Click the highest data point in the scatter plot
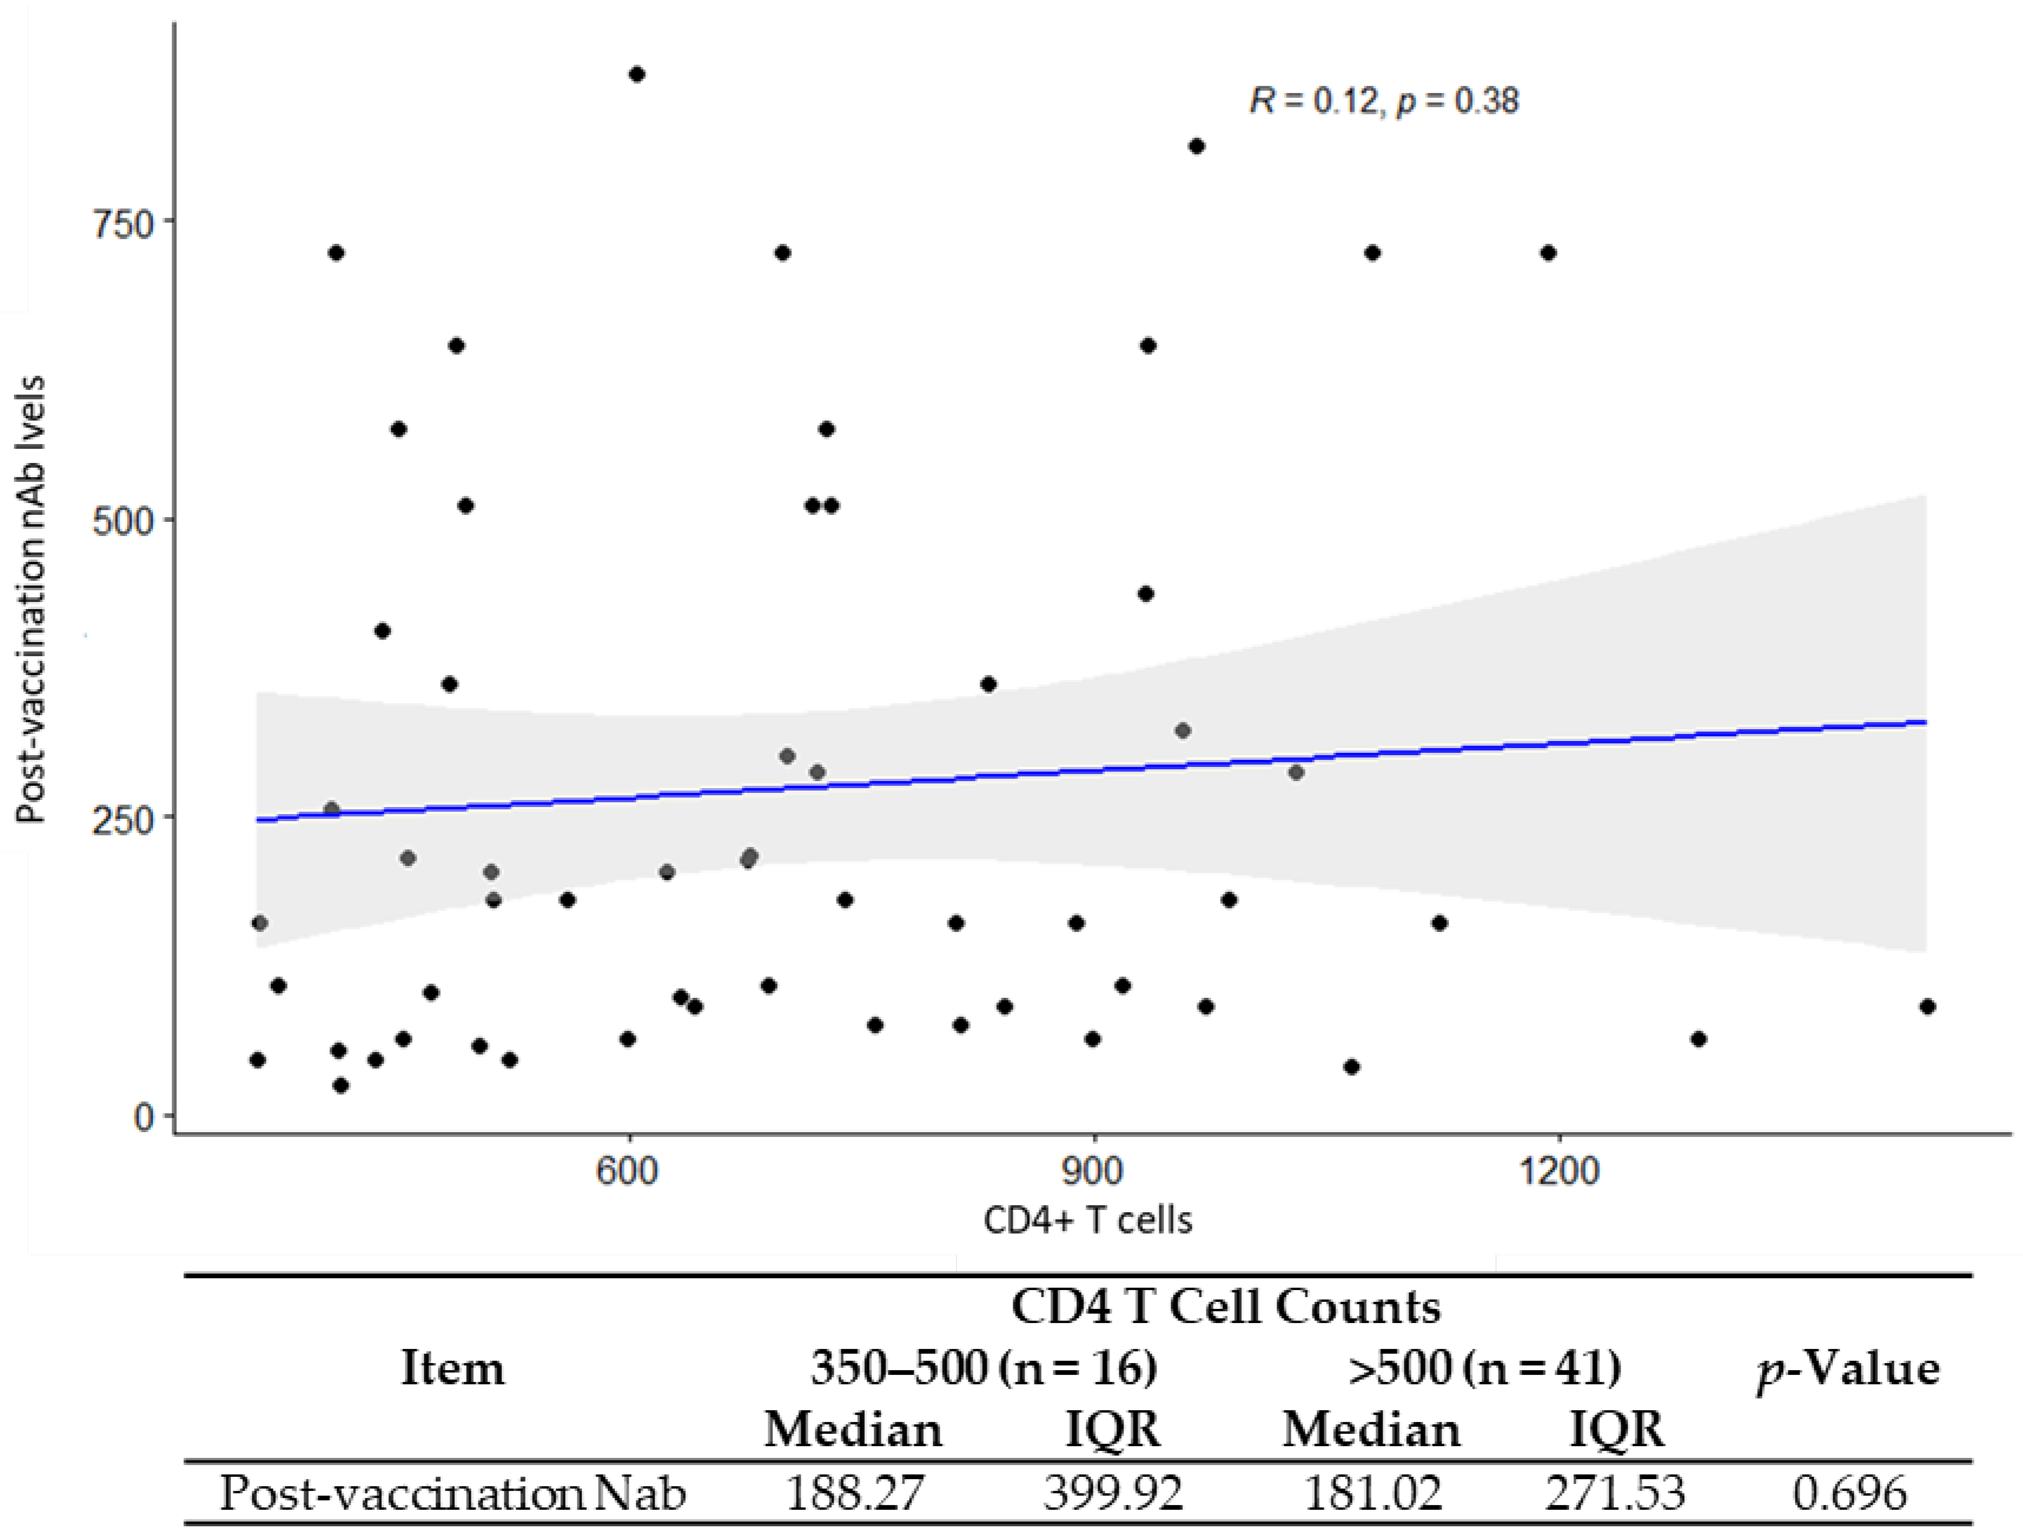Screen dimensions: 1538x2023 coord(637,74)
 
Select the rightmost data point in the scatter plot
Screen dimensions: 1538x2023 coord(1927,1006)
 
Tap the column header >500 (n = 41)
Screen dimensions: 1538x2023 coord(1484,1368)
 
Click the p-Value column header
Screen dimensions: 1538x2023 coord(1848,1370)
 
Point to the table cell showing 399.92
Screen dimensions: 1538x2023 coord(1113,1492)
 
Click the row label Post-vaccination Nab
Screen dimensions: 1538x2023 coord(452,1492)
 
